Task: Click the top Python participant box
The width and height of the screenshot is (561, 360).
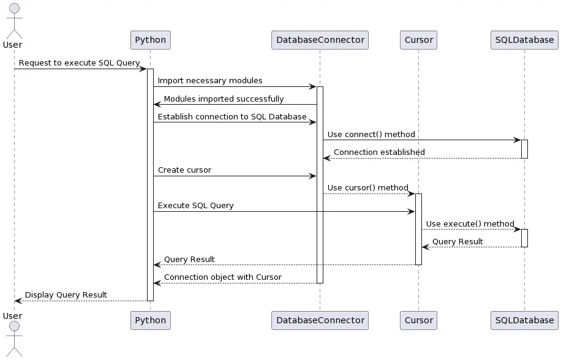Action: point(150,40)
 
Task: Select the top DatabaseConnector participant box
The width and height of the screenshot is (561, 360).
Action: point(320,40)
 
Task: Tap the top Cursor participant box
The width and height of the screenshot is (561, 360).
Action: point(418,40)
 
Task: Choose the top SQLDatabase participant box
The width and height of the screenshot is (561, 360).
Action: point(524,40)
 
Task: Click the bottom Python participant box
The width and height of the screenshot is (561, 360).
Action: point(150,320)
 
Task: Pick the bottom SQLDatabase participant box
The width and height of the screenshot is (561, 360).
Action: point(524,320)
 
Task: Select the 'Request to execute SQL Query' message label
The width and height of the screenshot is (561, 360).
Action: point(79,63)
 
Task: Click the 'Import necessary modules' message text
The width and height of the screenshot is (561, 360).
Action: point(210,81)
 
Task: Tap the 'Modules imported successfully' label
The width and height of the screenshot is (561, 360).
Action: point(224,99)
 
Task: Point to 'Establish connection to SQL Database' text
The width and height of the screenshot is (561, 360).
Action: point(232,116)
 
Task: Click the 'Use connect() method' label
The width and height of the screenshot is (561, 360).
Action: point(371,134)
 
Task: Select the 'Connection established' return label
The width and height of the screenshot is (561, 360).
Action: point(379,152)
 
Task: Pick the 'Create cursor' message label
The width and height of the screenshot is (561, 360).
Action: point(184,170)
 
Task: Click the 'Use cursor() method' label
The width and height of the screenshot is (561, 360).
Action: point(367,187)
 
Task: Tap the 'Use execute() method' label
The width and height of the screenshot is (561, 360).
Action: point(470,223)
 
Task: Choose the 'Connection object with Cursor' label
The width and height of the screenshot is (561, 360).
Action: point(223,277)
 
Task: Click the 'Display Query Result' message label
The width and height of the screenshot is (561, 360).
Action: point(66,294)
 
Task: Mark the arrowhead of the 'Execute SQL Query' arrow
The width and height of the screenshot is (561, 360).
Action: point(412,212)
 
